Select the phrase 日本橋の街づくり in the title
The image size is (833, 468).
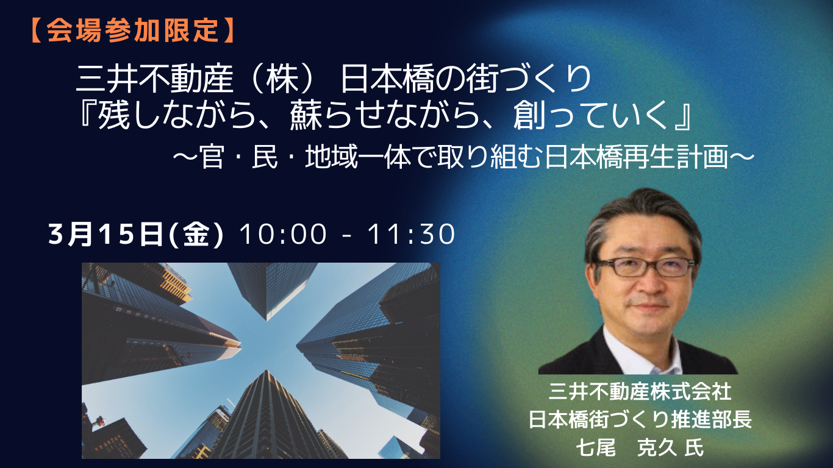tap(467, 79)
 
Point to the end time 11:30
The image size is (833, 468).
tap(412, 235)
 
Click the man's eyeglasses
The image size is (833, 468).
tap(646, 267)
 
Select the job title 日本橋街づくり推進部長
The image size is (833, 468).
tap(640, 420)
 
